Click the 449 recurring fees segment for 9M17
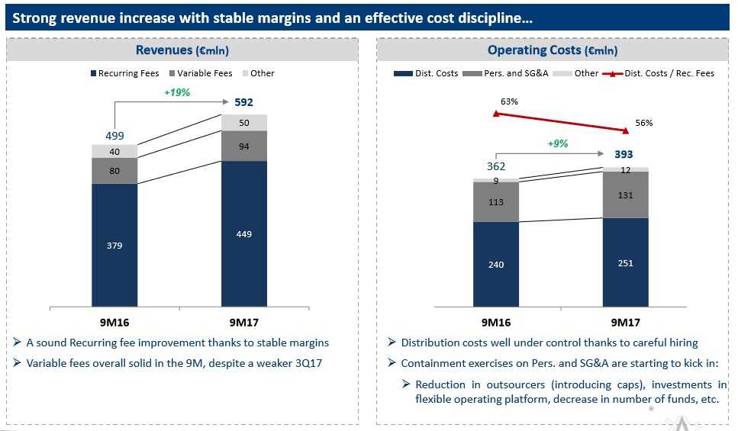point(244,234)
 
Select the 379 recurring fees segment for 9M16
point(114,245)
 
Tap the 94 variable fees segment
point(244,146)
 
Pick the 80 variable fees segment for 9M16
point(114,171)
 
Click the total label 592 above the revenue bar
point(243,102)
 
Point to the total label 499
point(114,136)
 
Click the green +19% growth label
point(178,92)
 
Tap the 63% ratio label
point(510,101)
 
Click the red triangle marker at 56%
point(627,130)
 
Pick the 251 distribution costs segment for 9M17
point(626,263)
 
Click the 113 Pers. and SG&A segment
point(496,202)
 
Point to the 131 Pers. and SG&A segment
point(626,195)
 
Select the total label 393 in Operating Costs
point(625,155)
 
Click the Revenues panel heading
point(182,50)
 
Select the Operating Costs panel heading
point(553,50)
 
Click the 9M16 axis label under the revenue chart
point(114,322)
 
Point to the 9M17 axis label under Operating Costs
point(625,322)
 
